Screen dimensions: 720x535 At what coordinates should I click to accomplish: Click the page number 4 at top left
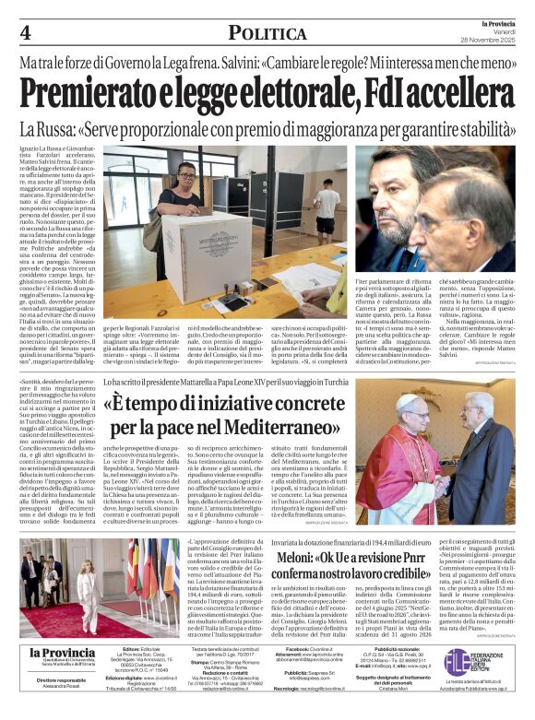26,33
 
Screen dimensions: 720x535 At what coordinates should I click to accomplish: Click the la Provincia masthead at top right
489,23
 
